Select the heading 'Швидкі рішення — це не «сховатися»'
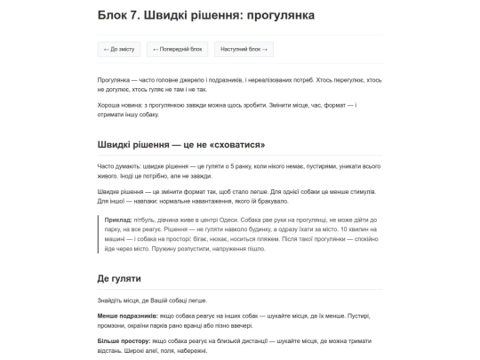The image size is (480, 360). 181,144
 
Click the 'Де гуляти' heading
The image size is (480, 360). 121,278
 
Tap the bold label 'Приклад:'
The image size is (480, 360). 118,219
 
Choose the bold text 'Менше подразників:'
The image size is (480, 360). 128,316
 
